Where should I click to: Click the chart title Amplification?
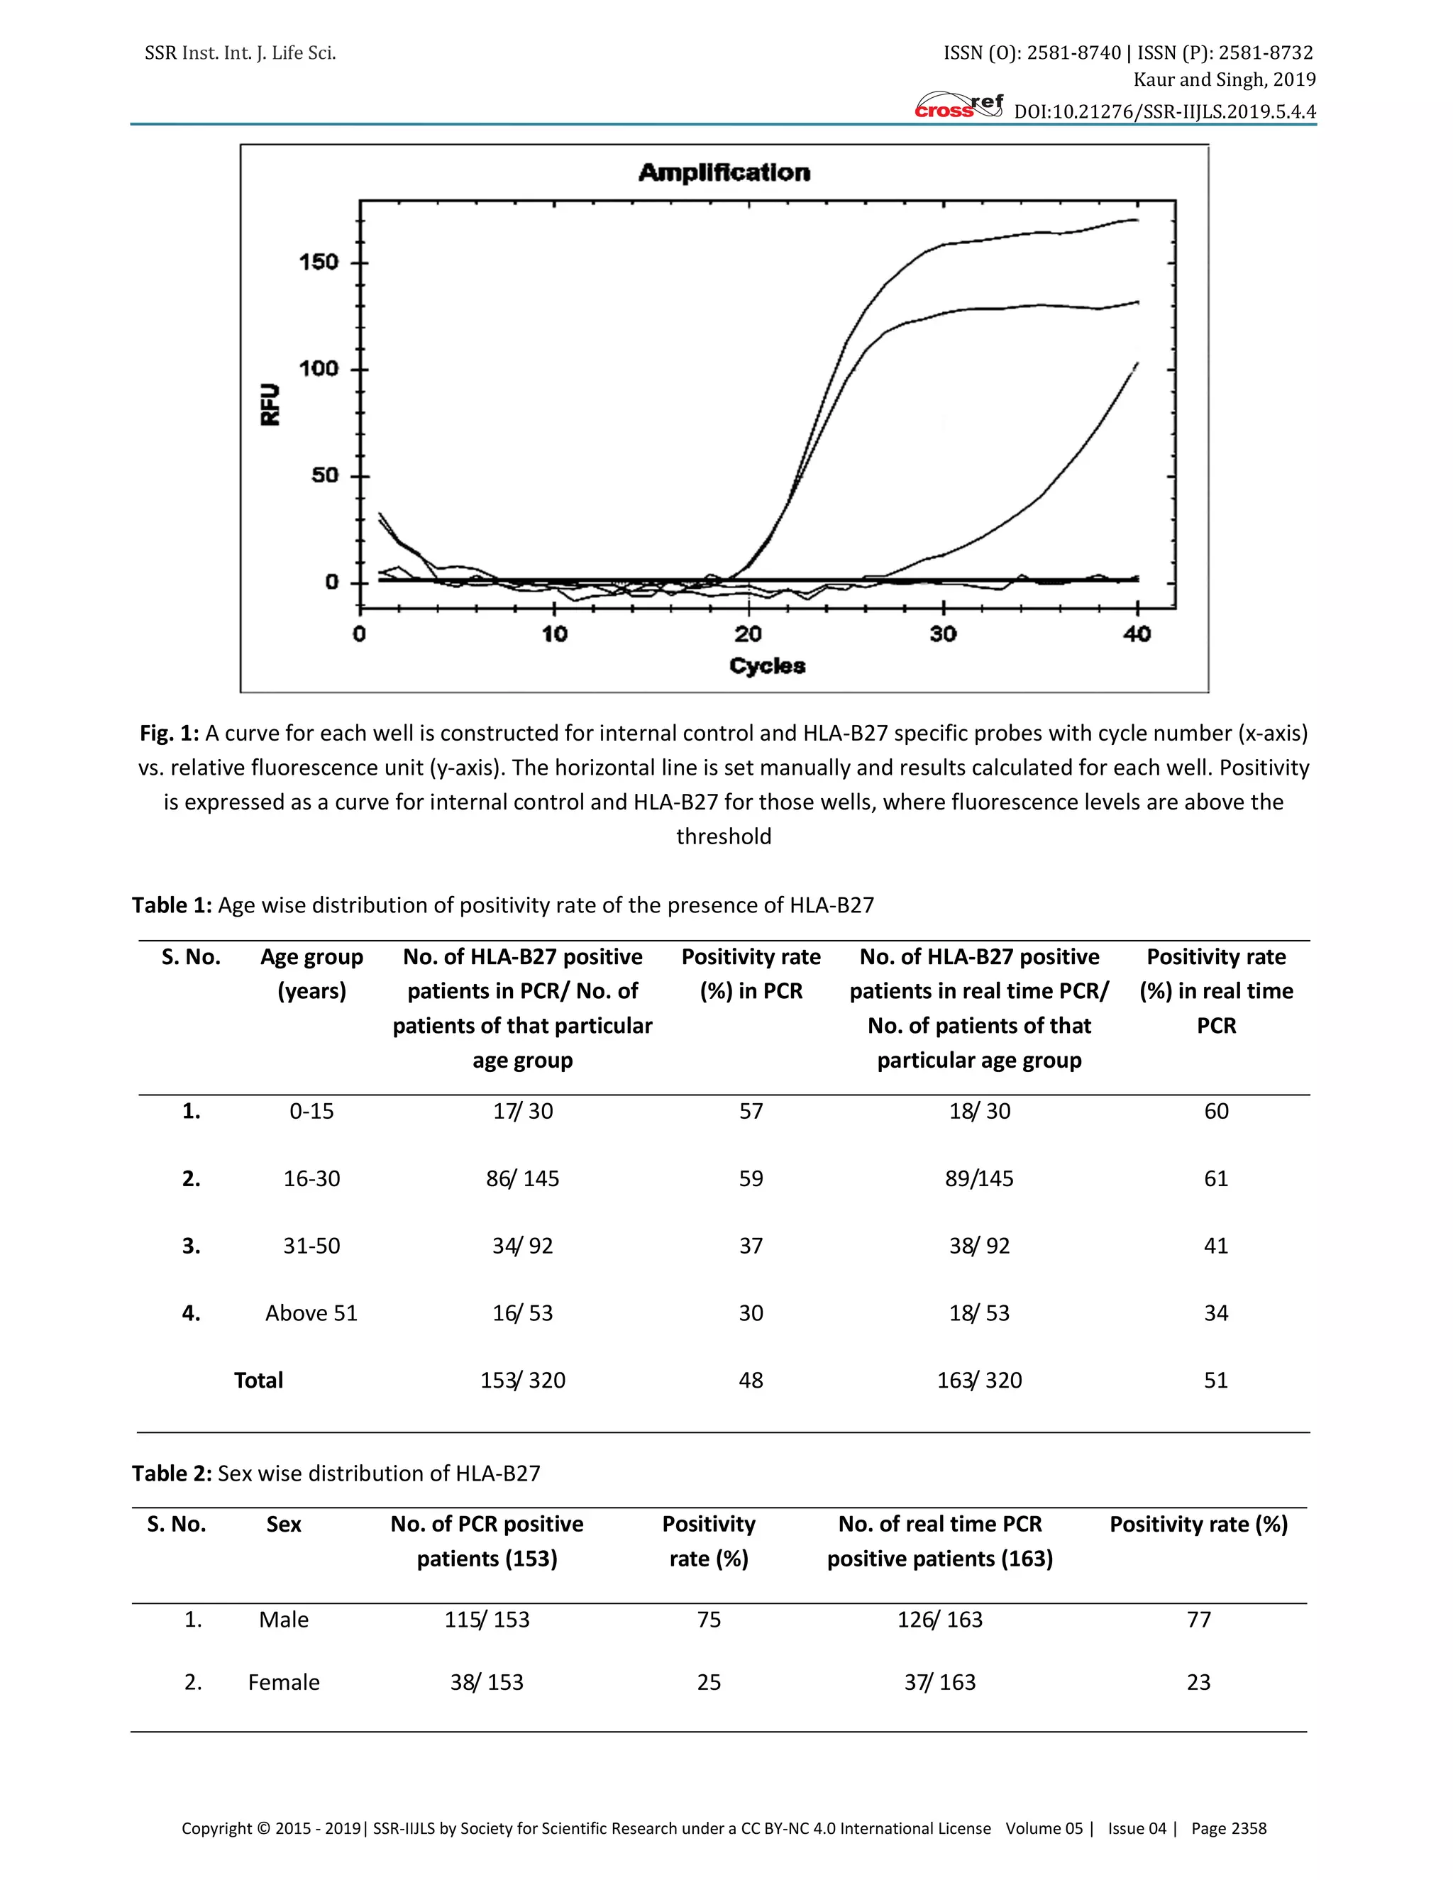pyautogui.click(x=724, y=173)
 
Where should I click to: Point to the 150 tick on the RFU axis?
pyautogui.click(x=319, y=262)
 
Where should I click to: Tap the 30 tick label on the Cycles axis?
pyautogui.click(x=943, y=634)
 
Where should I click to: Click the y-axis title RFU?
pyautogui.click(x=270, y=404)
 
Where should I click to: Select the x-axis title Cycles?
pyautogui.click(x=767, y=665)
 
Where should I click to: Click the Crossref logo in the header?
pyautogui.click(x=958, y=106)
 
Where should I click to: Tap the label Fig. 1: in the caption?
pyautogui.click(x=169, y=734)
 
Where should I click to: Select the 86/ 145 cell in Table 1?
pyautogui.click(x=522, y=1178)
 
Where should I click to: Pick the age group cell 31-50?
pyautogui.click(x=311, y=1246)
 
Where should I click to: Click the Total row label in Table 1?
pyautogui.click(x=258, y=1380)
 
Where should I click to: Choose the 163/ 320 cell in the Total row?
pyautogui.click(x=980, y=1380)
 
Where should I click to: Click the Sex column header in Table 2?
pyautogui.click(x=283, y=1524)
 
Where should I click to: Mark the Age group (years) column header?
pyautogui.click(x=311, y=973)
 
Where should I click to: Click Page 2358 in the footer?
pyautogui.click(x=1228, y=1828)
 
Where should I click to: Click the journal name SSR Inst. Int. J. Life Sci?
pyautogui.click(x=241, y=53)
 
